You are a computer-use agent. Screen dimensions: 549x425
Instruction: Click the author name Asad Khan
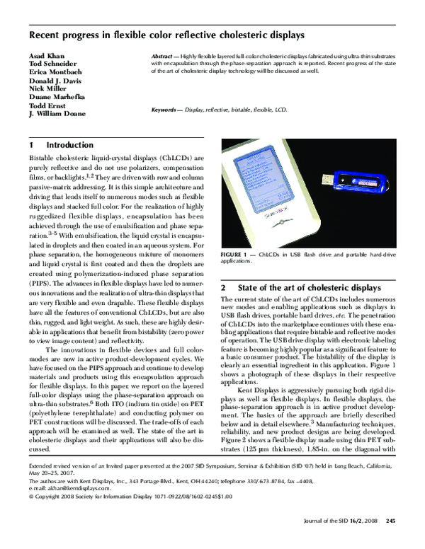tap(46, 55)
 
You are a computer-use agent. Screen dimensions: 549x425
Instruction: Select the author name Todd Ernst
tap(48, 104)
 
